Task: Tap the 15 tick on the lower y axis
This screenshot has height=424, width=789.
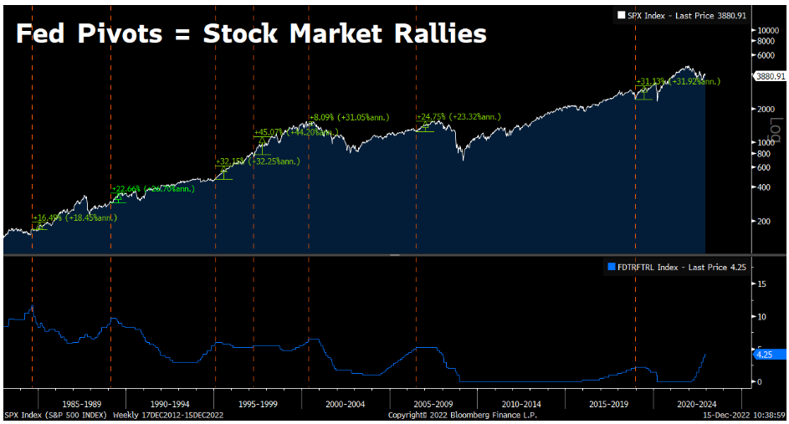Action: [x=761, y=284]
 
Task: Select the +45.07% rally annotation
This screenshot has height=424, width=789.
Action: [x=269, y=132]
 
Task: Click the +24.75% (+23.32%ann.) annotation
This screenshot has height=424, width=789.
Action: [x=459, y=117]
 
